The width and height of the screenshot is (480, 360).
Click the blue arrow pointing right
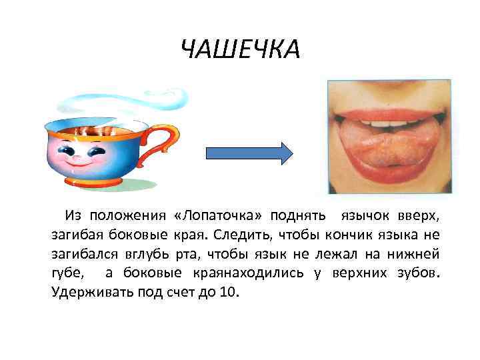click(249, 153)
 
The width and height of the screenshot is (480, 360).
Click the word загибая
click(76, 235)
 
